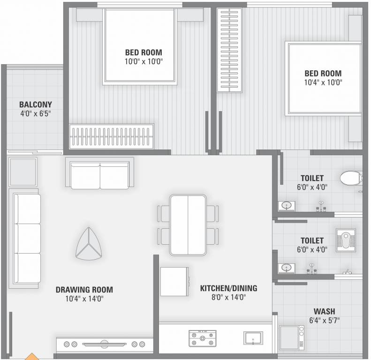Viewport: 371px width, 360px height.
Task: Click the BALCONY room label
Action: pos(36,105)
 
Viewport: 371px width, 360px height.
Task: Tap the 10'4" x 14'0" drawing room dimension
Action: pos(84,299)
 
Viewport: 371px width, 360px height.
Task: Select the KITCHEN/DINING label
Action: pos(228,288)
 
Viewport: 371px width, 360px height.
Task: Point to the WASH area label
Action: pos(324,311)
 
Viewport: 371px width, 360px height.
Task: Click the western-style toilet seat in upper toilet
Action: pos(351,178)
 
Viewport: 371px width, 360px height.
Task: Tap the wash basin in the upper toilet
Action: pos(287,205)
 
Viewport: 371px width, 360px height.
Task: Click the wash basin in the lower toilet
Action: pos(287,268)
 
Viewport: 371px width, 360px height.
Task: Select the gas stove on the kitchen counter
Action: pos(202,337)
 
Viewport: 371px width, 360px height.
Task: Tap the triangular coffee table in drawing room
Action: pos(89,245)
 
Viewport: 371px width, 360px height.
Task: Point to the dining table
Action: pos(188,225)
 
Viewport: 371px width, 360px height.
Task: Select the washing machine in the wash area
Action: pos(292,337)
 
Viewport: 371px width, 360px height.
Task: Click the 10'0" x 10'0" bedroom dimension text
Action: pos(144,61)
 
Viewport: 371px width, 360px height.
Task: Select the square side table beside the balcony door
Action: pos(23,171)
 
